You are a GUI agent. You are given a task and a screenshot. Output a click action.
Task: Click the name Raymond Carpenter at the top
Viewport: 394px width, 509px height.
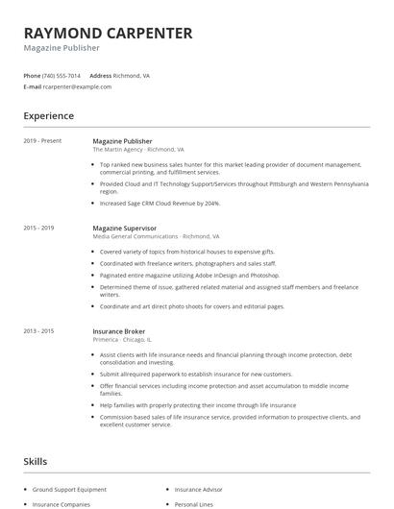108,33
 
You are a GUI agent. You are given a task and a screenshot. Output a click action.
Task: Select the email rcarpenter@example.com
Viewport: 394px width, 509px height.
77,86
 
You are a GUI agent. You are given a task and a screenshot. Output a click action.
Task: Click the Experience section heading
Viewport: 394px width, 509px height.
49,116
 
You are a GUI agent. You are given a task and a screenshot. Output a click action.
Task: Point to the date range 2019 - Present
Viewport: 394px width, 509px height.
41,141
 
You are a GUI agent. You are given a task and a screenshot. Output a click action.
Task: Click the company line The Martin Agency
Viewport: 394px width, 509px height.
137,150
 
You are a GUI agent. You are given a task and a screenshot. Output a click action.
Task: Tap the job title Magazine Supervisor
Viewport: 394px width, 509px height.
124,228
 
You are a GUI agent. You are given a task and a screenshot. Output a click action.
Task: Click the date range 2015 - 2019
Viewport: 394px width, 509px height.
38,228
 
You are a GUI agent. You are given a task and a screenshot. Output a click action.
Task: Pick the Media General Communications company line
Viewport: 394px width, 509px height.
156,236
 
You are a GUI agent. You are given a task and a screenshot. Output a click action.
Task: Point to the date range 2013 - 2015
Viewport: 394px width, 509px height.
38,331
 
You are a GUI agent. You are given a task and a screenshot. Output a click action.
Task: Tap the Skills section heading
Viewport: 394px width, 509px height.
36,462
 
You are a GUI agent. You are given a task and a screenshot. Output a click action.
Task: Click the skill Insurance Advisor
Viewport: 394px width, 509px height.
198,491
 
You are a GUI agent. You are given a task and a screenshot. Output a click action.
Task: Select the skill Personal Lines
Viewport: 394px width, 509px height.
193,503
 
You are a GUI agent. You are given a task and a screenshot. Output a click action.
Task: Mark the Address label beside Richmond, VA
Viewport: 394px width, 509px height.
100,75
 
